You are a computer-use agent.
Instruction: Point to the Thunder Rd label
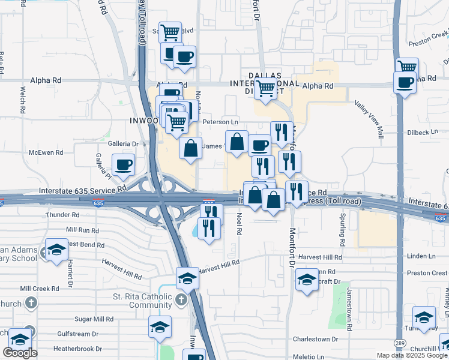click(62, 214)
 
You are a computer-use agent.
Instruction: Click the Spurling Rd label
click(342, 229)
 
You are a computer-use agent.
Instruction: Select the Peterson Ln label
click(222, 122)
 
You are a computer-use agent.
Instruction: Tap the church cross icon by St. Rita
click(182, 299)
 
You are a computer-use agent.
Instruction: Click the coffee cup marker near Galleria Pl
click(124, 165)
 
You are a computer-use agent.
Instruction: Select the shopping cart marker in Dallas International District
click(265, 89)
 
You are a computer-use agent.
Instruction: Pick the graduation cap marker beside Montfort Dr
click(307, 280)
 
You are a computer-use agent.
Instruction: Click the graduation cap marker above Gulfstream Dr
click(160, 328)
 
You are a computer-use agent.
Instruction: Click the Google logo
click(20, 353)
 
